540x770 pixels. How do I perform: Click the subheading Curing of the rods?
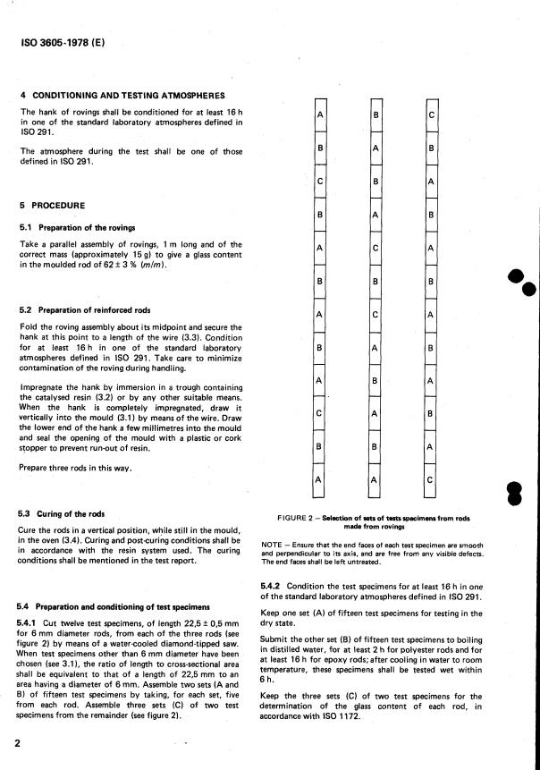(x=72, y=514)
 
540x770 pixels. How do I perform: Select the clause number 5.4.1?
(x=31, y=619)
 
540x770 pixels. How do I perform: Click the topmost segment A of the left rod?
(x=319, y=115)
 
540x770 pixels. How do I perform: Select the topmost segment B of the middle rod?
(x=375, y=115)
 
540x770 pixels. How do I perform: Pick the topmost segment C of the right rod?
(x=431, y=115)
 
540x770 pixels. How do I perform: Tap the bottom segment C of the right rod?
(x=431, y=480)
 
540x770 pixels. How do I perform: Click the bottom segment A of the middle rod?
(x=375, y=480)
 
